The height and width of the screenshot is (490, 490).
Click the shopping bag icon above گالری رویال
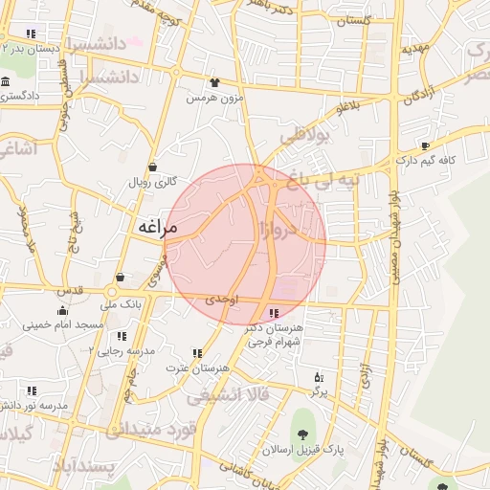point(152,166)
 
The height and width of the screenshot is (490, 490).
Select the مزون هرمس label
point(215,98)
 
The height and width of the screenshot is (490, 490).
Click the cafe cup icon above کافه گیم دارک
point(426,146)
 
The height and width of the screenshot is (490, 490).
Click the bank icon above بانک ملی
point(121,278)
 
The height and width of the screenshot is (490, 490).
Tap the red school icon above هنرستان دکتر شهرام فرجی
point(275,313)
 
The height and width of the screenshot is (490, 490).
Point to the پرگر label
point(319,392)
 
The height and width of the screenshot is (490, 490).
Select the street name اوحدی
point(220,300)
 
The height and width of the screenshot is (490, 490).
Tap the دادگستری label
point(27,97)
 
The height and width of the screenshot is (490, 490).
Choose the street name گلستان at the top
point(353,20)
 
